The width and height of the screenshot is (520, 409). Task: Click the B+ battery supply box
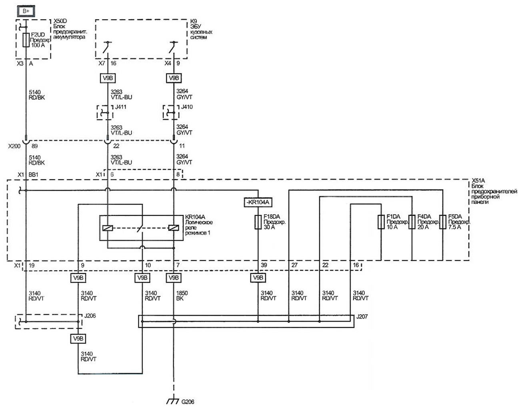pos(26,11)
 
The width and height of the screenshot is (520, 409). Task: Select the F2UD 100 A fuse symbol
pos(26,40)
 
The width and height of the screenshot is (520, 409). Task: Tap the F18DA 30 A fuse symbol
pos(258,222)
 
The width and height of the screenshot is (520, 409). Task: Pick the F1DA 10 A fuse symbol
pos(381,222)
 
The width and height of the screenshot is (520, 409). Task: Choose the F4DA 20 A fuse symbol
pos(412,222)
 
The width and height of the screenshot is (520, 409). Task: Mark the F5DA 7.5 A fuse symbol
pos(443,222)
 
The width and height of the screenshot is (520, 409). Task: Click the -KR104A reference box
pos(258,202)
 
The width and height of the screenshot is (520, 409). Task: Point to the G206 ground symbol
pos(173,401)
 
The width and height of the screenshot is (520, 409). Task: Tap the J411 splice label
pos(121,107)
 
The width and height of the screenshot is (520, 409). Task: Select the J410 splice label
pos(187,107)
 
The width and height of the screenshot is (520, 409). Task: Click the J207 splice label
pos(362,317)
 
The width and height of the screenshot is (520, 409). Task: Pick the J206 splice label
pos(90,316)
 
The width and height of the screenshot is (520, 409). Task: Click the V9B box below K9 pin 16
pos(108,78)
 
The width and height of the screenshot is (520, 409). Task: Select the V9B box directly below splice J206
pos(78,339)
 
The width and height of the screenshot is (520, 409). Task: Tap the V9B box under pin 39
pos(258,278)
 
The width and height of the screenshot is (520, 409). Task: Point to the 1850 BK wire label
pos(182,296)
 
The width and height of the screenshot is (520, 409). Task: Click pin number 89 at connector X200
pos(35,146)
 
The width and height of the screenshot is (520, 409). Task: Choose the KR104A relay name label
pos(195,217)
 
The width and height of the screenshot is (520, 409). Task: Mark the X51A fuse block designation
pos(478,180)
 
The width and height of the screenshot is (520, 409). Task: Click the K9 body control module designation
pos(194,21)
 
